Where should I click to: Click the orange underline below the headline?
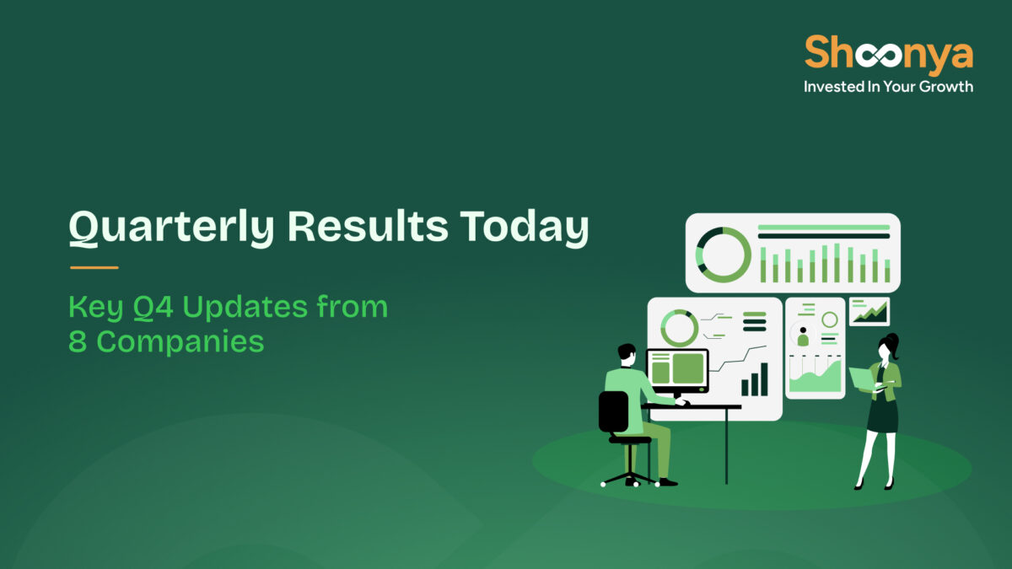(x=94, y=268)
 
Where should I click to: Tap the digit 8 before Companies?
(x=77, y=342)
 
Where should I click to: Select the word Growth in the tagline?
(x=942, y=86)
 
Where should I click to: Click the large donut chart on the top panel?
(x=723, y=254)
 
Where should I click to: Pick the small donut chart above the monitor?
(x=679, y=327)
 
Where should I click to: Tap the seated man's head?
(x=626, y=353)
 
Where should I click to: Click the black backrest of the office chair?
(x=613, y=411)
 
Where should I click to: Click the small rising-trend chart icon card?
(x=869, y=311)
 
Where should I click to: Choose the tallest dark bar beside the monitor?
(x=763, y=379)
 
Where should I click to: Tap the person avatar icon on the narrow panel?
(x=803, y=337)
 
